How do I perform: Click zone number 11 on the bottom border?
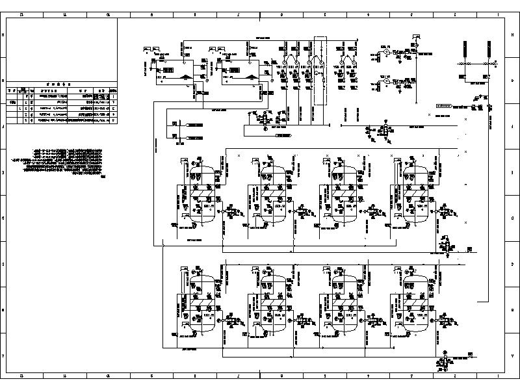coord(64,376)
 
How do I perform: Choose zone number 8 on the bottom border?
coord(195,376)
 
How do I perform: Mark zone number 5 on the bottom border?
coord(324,376)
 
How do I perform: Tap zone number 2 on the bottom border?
coord(454,376)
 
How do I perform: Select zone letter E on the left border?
coord(5,172)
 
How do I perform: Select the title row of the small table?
coord(61,84)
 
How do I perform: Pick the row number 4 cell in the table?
coord(114,120)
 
